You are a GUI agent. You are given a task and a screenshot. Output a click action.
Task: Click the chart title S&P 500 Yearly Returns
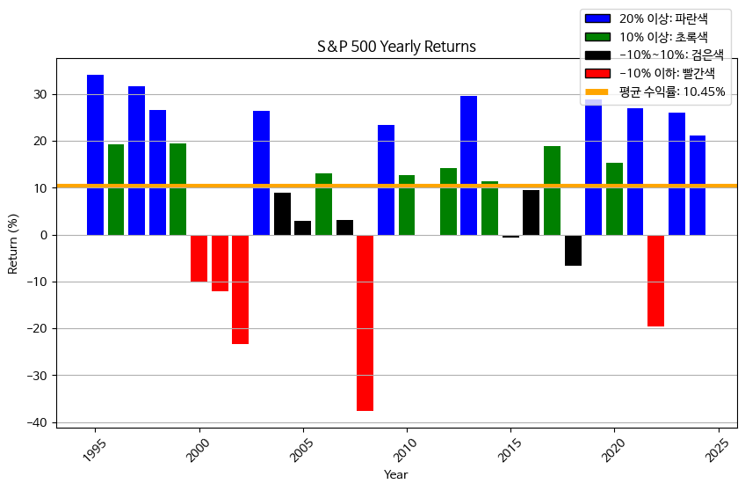point(396,47)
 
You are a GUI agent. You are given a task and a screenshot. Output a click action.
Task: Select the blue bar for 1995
point(95,155)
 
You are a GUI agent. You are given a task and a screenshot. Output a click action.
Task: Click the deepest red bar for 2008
point(365,322)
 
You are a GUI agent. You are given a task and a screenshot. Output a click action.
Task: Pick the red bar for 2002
point(240,289)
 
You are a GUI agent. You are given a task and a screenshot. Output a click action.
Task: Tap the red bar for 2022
point(655,280)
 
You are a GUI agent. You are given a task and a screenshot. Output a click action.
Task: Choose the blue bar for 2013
point(468,165)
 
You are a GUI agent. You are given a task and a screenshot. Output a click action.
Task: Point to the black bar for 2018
point(573,250)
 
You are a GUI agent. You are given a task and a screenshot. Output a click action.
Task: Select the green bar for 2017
point(552,190)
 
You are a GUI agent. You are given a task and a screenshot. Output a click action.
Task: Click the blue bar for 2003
point(261,172)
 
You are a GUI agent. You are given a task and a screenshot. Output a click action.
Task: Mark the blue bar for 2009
point(386,180)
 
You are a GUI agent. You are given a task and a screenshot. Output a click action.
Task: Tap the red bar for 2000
point(199,258)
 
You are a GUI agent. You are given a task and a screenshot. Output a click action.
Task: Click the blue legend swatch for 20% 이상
point(597,18)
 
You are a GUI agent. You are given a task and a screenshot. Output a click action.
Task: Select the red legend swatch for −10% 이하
point(597,73)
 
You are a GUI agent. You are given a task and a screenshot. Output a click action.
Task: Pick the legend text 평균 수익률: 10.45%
point(671,92)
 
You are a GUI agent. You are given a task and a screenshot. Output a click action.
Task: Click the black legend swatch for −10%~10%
point(597,55)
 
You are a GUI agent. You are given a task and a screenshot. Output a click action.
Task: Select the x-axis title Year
point(395,475)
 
